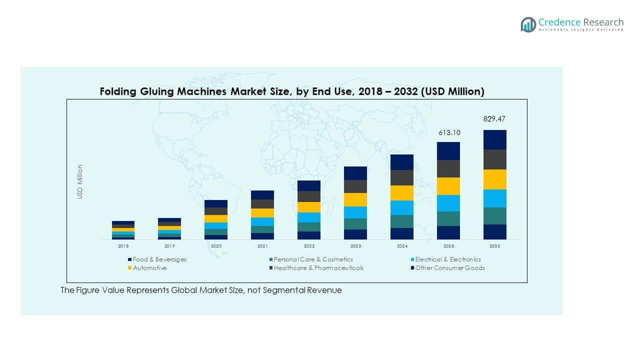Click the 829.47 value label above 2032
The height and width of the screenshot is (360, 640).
point(494,119)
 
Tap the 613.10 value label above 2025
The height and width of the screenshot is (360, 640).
point(448,132)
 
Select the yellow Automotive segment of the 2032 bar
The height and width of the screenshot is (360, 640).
point(494,179)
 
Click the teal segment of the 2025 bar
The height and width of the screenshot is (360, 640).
point(448,218)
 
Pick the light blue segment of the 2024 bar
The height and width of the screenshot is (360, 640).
point(402,207)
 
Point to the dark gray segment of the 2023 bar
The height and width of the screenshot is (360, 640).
point(355,186)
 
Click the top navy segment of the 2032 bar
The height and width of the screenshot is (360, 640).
point(494,139)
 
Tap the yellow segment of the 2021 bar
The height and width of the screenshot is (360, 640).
point(262,213)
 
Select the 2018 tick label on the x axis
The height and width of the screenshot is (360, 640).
point(123,246)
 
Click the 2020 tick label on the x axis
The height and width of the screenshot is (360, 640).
point(216,246)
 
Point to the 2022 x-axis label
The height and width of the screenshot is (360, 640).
point(309,246)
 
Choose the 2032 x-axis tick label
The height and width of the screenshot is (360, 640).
point(494,246)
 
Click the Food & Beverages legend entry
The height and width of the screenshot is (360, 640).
point(159,259)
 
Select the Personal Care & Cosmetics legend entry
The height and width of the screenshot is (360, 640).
point(313,259)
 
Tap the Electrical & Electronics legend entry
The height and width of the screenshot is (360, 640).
point(447,259)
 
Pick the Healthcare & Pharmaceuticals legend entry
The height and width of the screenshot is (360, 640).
point(318,268)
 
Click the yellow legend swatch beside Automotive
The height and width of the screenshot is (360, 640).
point(130,268)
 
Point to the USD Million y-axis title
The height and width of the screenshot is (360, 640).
point(80,181)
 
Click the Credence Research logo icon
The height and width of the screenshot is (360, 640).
point(528,24)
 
